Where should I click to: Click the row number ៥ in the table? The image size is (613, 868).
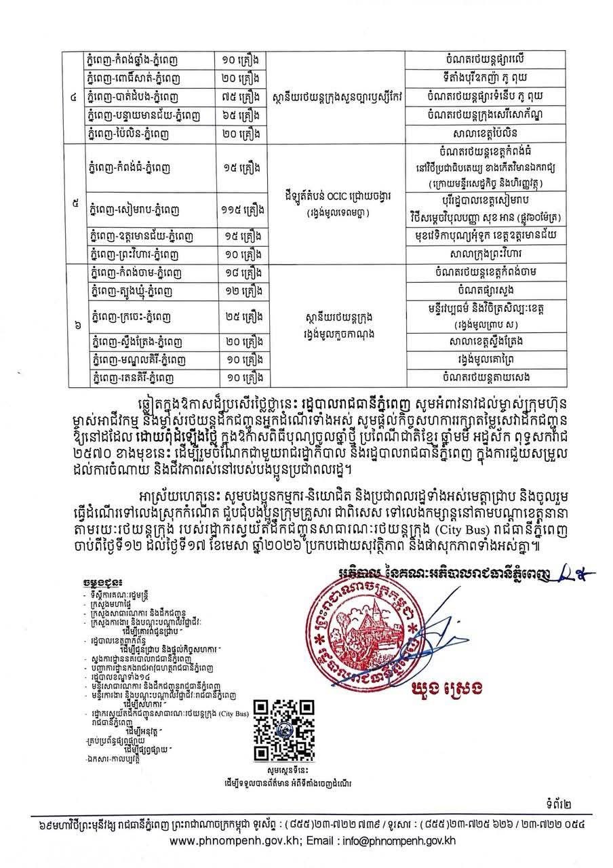[73, 201]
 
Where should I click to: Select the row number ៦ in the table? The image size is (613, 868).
[73, 324]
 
